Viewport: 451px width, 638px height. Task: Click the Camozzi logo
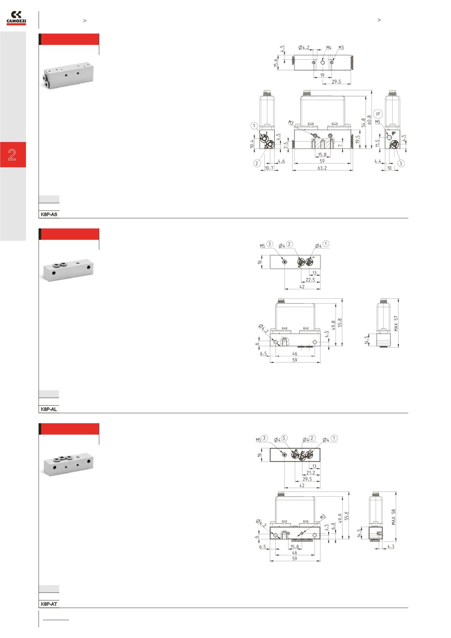(x=16, y=18)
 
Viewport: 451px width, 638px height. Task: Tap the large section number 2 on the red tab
(x=12, y=155)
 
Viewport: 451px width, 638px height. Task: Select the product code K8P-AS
(x=49, y=215)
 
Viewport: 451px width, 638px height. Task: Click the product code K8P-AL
(x=49, y=409)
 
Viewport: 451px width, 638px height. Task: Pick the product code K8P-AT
(x=49, y=604)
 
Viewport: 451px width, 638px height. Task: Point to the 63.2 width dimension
(x=322, y=168)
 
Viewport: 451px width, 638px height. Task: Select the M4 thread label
(x=329, y=48)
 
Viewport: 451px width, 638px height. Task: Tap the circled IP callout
(x=378, y=114)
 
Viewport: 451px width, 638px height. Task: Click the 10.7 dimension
(x=269, y=168)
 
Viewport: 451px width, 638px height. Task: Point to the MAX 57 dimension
(x=396, y=323)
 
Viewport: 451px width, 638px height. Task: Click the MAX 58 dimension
(x=393, y=517)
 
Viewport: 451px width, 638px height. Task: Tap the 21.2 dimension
(x=311, y=473)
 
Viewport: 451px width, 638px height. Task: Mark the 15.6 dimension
(x=276, y=63)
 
